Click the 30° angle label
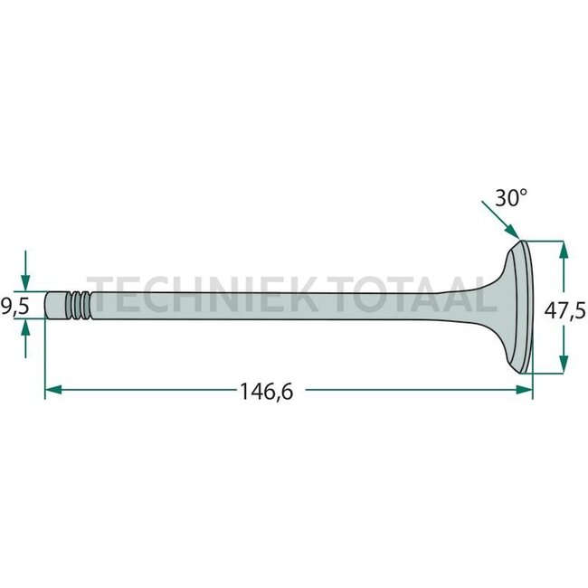[510, 198]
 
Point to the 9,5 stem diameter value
[15, 308]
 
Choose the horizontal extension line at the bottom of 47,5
[550, 374]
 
